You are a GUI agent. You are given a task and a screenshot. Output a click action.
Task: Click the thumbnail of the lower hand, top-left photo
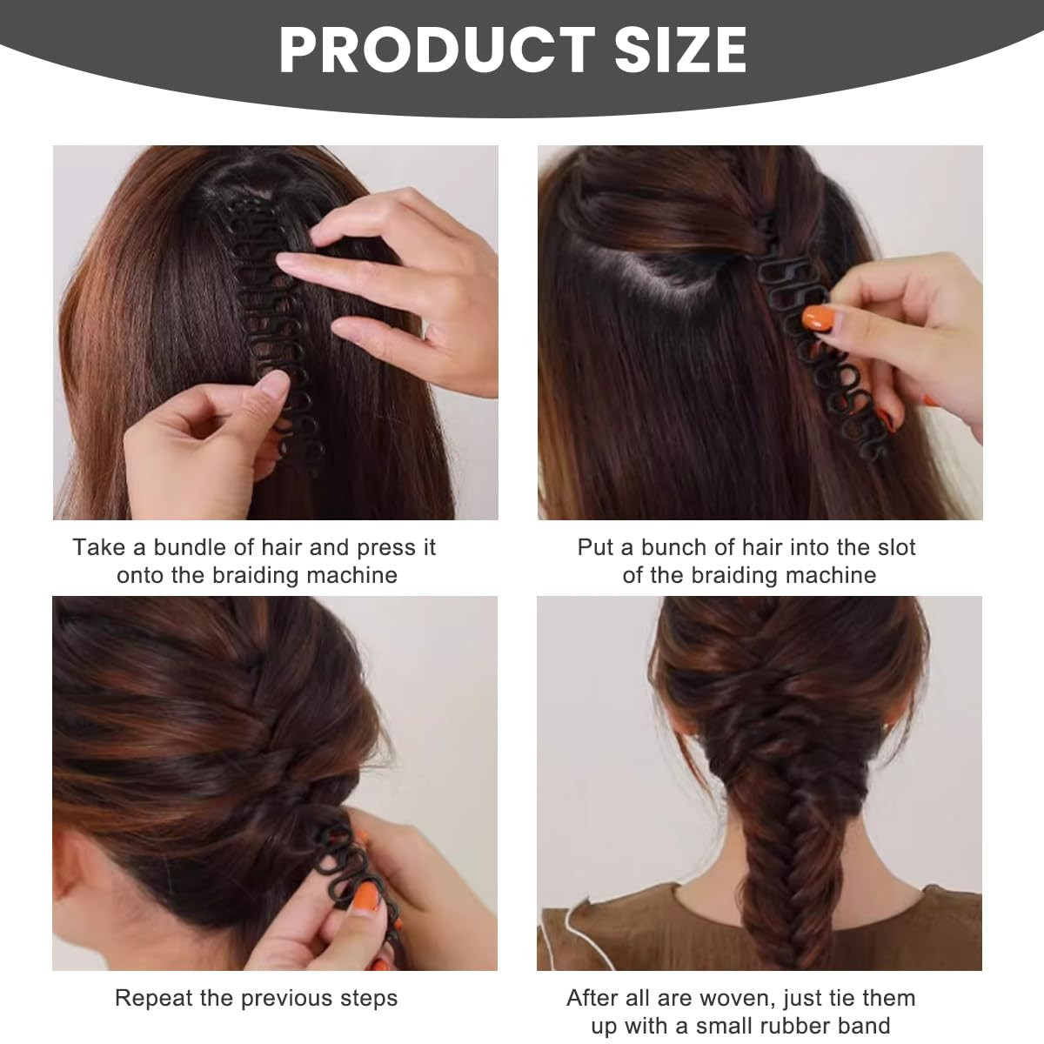coord(272,385)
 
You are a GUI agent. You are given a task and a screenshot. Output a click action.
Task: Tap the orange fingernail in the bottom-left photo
coord(368,899)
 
